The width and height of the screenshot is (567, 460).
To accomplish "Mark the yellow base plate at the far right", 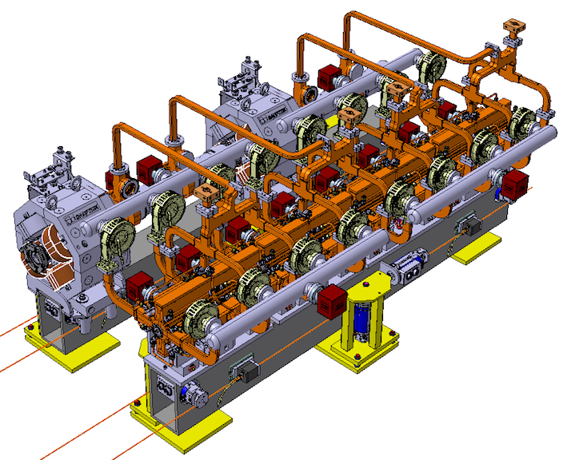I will (477, 251).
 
